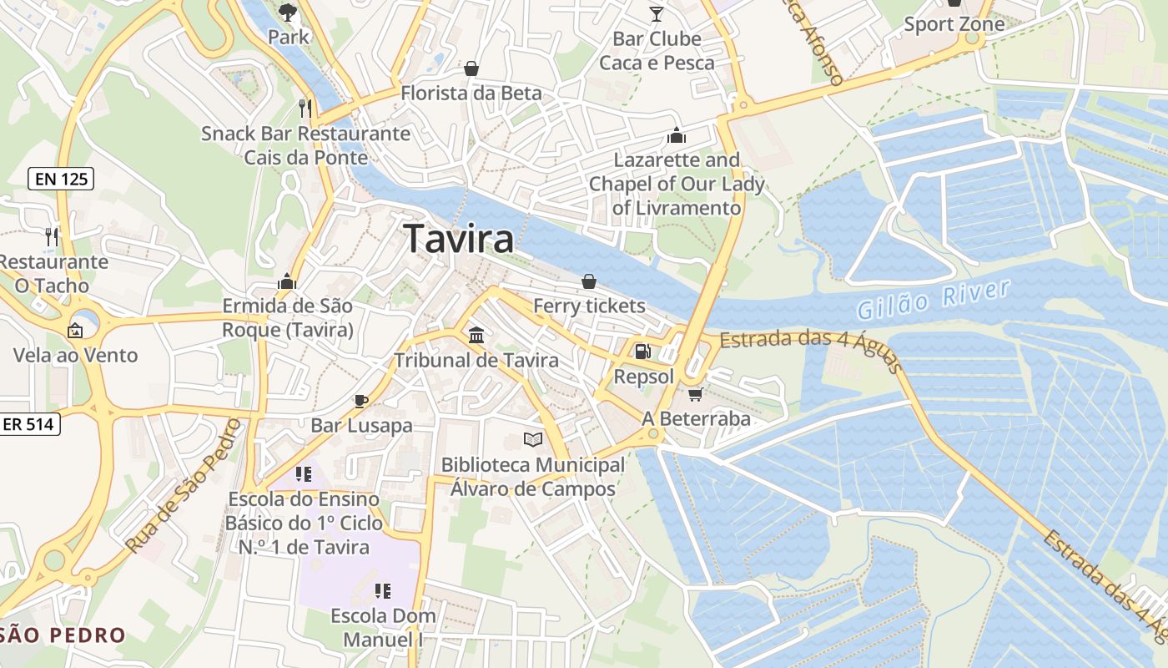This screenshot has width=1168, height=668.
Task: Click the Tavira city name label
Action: click(459, 239)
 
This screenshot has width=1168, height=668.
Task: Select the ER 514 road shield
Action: click(28, 424)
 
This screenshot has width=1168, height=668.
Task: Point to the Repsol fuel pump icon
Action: click(642, 352)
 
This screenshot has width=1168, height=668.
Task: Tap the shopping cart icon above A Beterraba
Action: click(695, 393)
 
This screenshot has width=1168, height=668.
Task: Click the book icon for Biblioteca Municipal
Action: click(532, 439)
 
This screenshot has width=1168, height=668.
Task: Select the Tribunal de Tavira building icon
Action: click(476, 335)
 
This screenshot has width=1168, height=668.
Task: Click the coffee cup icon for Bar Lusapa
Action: click(361, 401)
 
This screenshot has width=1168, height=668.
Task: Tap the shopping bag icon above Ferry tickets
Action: click(589, 281)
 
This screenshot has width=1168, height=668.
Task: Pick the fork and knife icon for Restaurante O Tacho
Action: click(53, 236)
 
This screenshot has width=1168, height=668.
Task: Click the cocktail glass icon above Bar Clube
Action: click(657, 13)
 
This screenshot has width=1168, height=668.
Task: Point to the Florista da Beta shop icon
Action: click(471, 68)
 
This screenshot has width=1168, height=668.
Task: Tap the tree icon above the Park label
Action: click(288, 12)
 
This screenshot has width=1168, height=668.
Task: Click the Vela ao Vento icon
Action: click(75, 331)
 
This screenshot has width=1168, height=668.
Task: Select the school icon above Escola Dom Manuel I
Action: click(383, 591)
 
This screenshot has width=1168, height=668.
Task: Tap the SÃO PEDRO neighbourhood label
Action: click(63, 635)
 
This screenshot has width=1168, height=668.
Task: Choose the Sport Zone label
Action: click(954, 24)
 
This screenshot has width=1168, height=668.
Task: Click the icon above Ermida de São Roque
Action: click(288, 281)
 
